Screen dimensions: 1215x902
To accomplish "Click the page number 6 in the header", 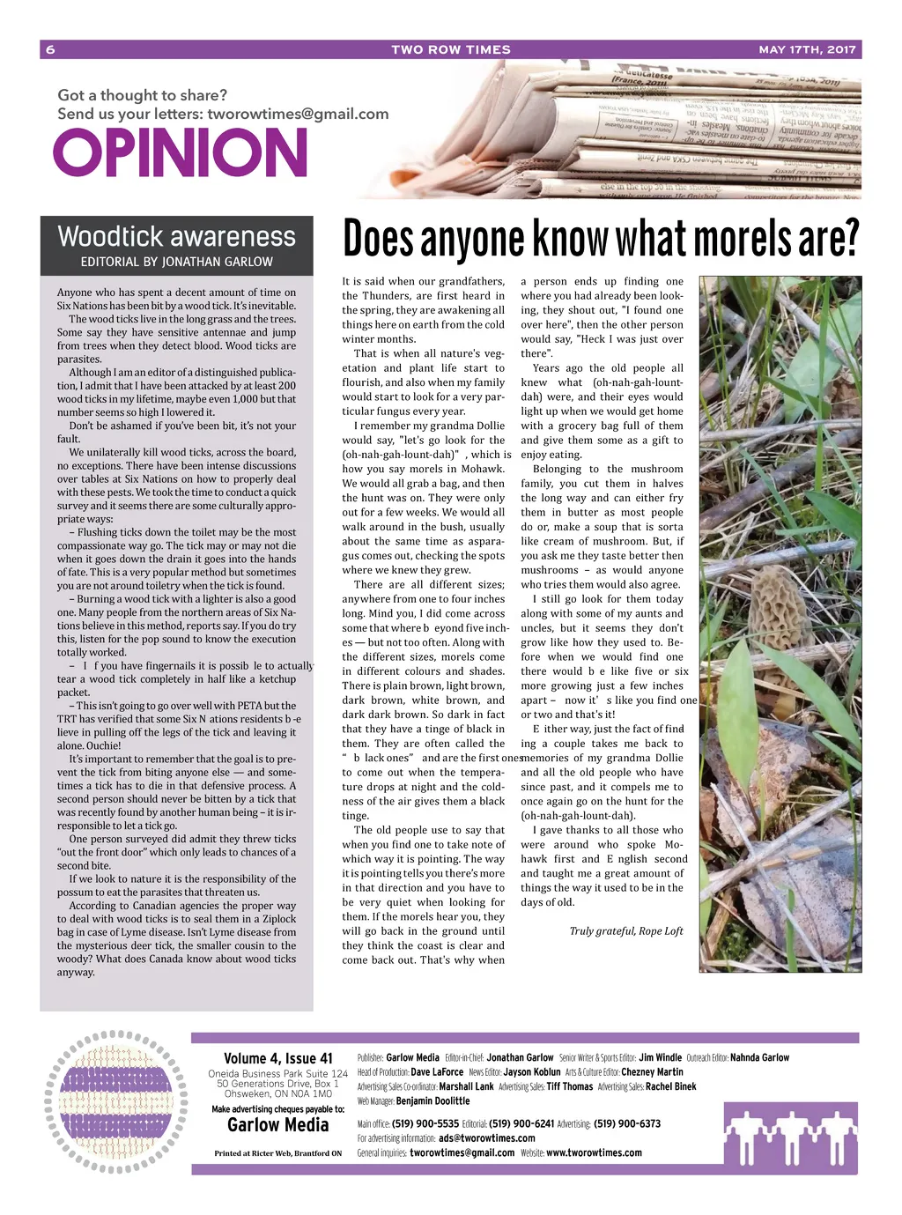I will [50, 49].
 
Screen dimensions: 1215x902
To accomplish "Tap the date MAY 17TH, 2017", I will [807, 49].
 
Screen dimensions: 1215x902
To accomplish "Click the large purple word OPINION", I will [181, 153].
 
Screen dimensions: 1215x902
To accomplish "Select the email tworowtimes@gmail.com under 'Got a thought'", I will [298, 114].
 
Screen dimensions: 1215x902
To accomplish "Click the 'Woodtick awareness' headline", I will [176, 236].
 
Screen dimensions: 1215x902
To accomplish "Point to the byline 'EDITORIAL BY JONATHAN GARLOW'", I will [176, 262].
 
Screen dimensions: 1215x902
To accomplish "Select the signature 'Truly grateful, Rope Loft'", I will [625, 930].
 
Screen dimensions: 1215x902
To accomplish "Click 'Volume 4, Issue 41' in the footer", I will [278, 1058].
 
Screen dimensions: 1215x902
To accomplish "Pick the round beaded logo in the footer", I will [115, 1101].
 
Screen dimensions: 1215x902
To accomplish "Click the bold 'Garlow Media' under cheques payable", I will [277, 1125].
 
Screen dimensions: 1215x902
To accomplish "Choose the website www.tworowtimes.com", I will [594, 1152].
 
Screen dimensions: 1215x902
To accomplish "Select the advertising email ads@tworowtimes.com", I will [486, 1137].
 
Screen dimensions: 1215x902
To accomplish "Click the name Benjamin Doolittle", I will [433, 1100].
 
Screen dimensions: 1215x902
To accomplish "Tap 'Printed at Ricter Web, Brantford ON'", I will [277, 1152].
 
